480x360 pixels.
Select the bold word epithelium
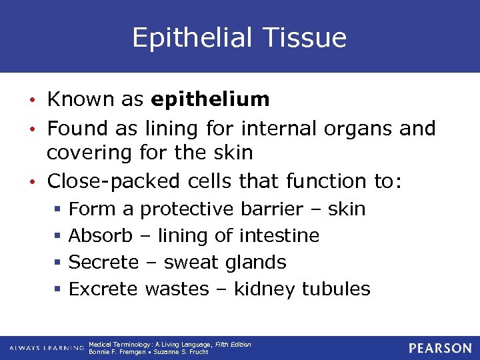click(x=210, y=100)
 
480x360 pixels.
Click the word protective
click(x=186, y=209)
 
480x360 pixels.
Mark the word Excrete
click(x=103, y=289)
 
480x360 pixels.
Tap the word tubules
click(x=336, y=289)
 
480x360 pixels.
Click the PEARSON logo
click(x=440, y=348)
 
